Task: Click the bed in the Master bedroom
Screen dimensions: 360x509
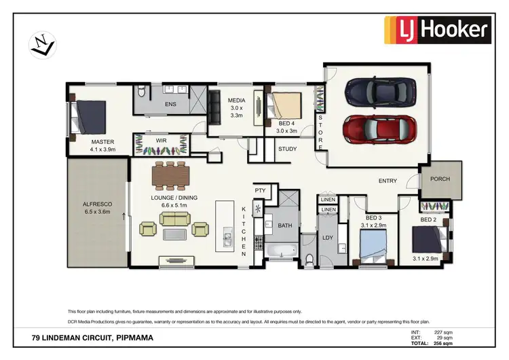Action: pos(88,117)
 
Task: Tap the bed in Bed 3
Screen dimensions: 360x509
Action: pos(371,245)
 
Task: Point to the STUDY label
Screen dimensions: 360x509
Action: pos(287,149)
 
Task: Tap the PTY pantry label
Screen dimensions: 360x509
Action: pos(259,191)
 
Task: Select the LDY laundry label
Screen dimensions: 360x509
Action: pos(328,237)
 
